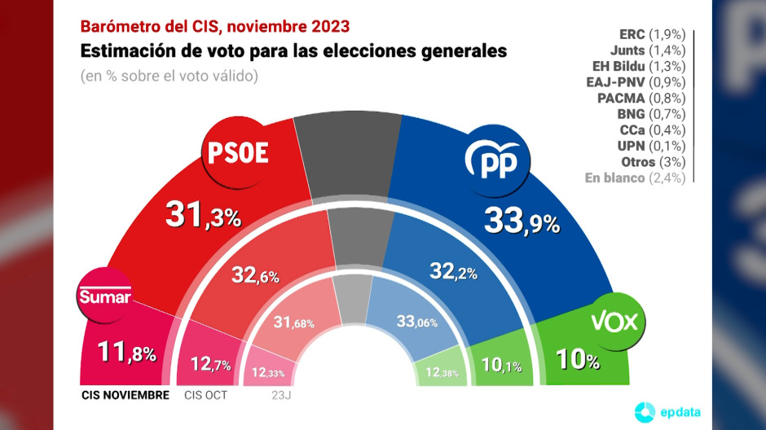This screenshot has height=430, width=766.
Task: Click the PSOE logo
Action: [239, 152]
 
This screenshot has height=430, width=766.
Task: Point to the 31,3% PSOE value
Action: [203, 214]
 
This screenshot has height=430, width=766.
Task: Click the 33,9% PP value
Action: [522, 220]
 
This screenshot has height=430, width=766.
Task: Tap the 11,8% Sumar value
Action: [125, 353]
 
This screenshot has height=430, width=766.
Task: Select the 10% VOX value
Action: [579, 358]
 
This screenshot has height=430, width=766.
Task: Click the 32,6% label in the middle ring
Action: [255, 274]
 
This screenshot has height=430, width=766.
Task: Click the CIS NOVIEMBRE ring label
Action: [125, 396]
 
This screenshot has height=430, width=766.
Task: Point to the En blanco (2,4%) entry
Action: [634, 178]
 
